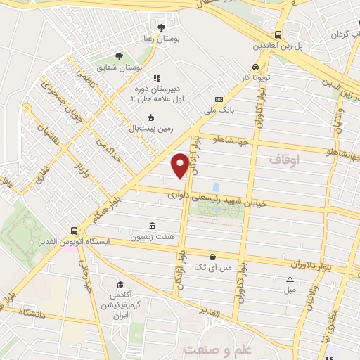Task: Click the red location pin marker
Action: tap(180, 164)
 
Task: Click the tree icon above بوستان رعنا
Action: tap(162, 27)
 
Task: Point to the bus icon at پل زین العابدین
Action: tap(278, 34)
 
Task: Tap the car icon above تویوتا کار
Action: tap(246, 66)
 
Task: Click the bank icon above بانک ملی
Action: tap(218, 100)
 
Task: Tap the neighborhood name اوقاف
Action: tap(284, 160)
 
